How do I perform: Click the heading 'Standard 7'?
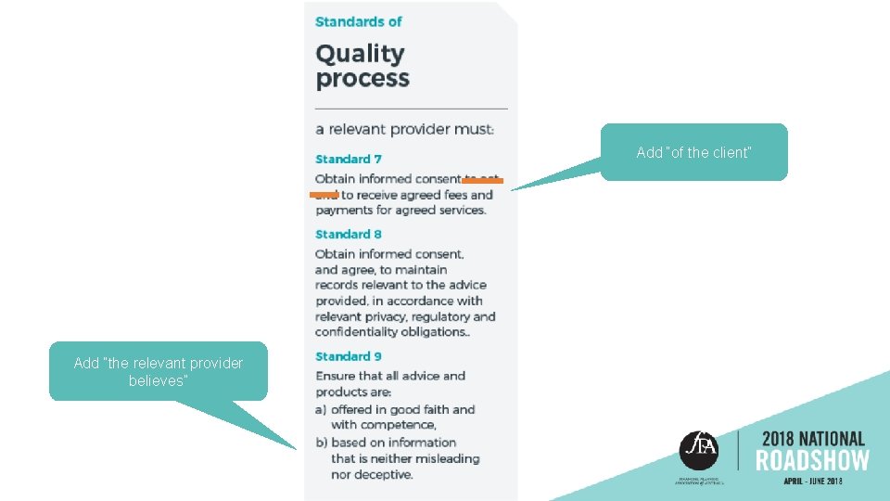(x=348, y=160)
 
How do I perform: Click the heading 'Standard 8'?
(x=348, y=235)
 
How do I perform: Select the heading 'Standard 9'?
(x=348, y=356)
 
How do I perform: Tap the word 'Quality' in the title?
(x=360, y=55)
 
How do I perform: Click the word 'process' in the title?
(x=362, y=79)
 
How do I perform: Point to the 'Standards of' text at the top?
(x=358, y=21)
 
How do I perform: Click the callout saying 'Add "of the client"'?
(x=693, y=152)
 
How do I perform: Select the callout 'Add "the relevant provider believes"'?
(x=158, y=371)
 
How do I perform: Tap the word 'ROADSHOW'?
(x=812, y=461)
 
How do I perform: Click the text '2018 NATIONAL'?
(x=813, y=438)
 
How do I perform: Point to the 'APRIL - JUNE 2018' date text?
(x=813, y=481)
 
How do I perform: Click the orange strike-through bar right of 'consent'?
(x=482, y=181)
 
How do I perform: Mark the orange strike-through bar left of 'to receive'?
(x=324, y=195)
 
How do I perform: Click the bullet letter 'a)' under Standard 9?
(x=321, y=409)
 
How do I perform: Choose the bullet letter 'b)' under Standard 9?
(x=321, y=443)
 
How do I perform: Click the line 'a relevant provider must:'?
(x=404, y=130)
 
